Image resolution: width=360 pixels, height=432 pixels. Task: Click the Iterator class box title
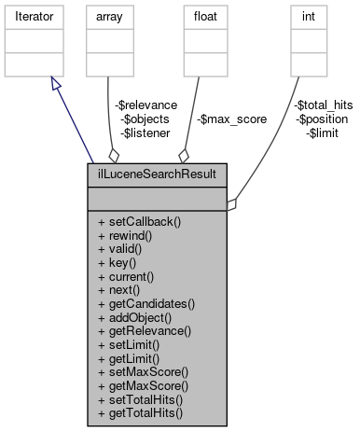(x=33, y=16)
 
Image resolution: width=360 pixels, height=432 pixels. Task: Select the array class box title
(x=106, y=16)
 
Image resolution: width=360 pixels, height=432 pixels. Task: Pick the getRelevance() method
(x=144, y=330)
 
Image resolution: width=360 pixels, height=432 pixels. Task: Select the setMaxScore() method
(x=143, y=371)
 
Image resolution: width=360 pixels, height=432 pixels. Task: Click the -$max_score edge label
(x=231, y=119)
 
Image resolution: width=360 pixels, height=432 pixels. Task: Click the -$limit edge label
(x=323, y=133)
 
